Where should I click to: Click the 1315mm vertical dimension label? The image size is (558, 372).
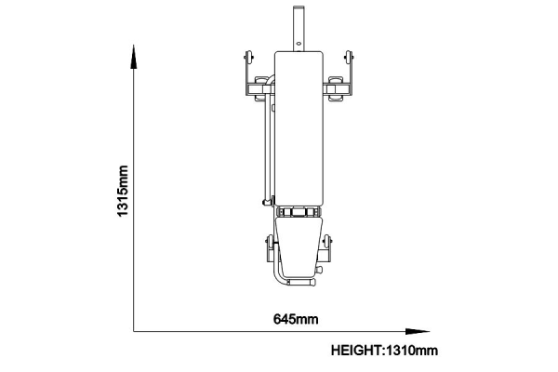click(x=123, y=191)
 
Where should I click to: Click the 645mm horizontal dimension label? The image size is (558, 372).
click(x=296, y=319)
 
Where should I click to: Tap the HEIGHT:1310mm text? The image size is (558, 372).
click(x=384, y=351)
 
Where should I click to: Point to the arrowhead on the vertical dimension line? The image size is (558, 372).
click(x=133, y=57)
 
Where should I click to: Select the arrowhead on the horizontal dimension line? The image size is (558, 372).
click(x=418, y=331)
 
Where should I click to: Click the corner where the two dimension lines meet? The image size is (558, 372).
click(x=133, y=331)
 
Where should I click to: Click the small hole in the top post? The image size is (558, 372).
click(x=299, y=44)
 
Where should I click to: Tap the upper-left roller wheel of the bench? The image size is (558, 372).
click(x=248, y=57)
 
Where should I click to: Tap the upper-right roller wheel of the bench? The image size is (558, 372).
click(x=349, y=57)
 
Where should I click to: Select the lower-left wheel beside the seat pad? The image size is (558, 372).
click(x=271, y=242)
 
